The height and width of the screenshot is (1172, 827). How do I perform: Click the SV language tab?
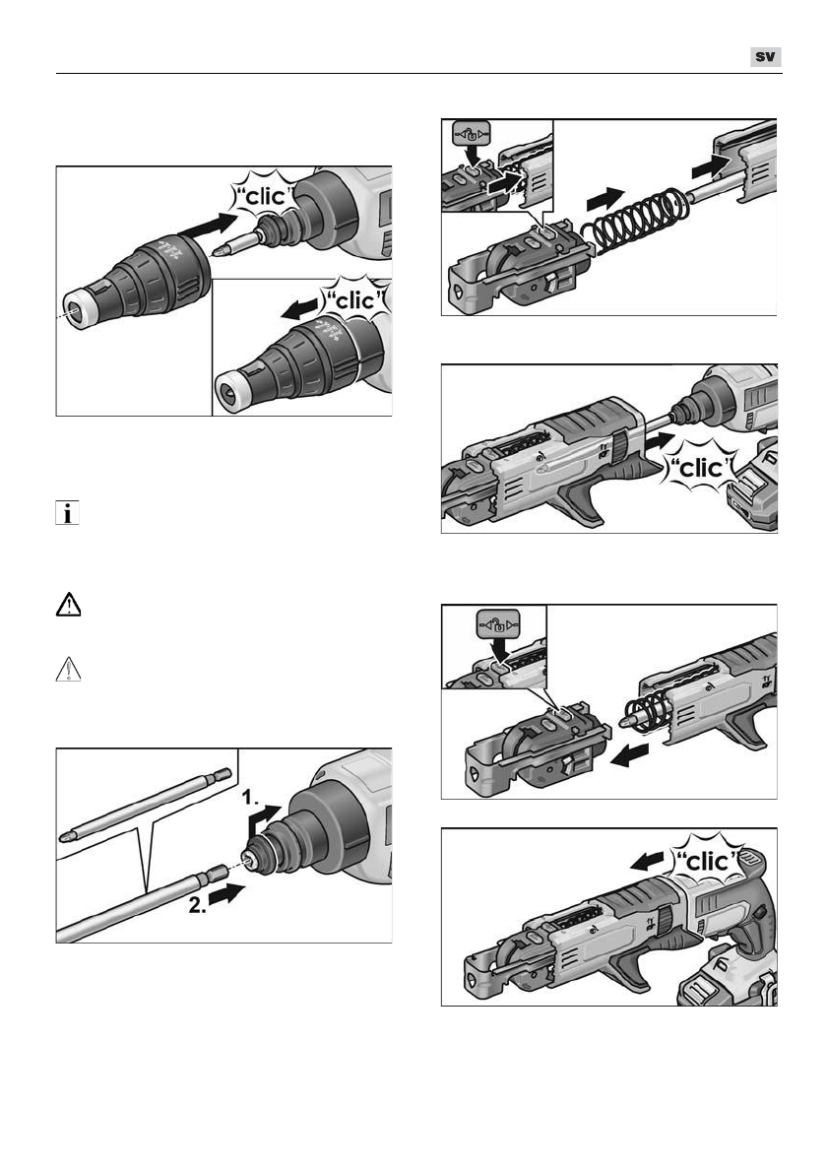(x=766, y=57)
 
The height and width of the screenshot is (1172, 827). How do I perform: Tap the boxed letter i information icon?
(x=67, y=513)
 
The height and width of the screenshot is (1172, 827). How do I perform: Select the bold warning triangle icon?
(x=69, y=604)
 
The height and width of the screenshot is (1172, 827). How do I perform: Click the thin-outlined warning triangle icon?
(x=69, y=669)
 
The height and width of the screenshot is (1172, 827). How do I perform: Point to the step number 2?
(x=198, y=905)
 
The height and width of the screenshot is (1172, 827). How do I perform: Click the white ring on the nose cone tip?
(x=78, y=308)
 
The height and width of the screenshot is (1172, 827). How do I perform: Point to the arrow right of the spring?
(x=709, y=165)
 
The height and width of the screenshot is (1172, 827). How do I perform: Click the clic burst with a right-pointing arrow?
(x=265, y=197)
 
